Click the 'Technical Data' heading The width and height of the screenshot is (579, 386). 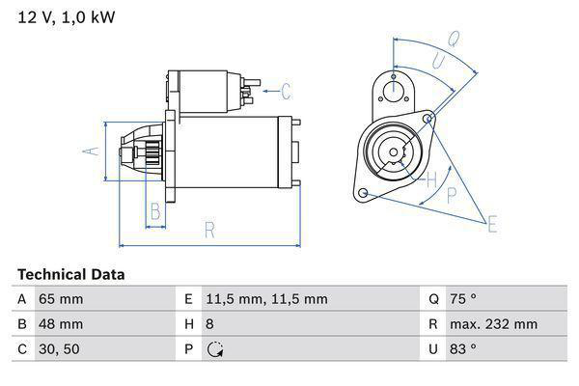click(x=70, y=275)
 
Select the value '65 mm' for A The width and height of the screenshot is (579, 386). click(x=60, y=299)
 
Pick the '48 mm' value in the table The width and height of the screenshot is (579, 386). click(x=60, y=324)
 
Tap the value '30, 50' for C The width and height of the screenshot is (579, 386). click(x=58, y=349)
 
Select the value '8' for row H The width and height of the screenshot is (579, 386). click(x=211, y=324)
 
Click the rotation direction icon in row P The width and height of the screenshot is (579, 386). click(x=214, y=349)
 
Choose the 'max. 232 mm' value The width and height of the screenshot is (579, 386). click(x=496, y=324)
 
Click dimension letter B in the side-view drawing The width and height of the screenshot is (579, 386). click(x=154, y=212)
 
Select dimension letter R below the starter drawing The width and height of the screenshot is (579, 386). click(x=208, y=229)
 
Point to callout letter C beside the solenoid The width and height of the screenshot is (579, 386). click(x=286, y=93)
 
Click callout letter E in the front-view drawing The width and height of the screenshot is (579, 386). click(x=492, y=226)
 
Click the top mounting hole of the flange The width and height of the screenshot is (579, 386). click(x=394, y=91)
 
